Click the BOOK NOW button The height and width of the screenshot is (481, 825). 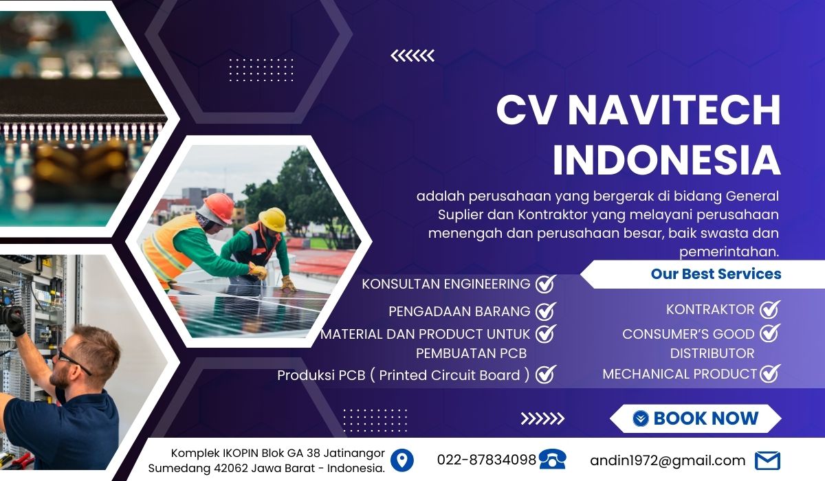[x=696, y=418]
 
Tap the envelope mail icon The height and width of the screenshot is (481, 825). [x=767, y=461]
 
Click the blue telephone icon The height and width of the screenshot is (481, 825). [x=553, y=459]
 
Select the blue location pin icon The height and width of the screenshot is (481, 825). [x=401, y=460]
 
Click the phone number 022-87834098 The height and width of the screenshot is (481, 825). [x=487, y=460]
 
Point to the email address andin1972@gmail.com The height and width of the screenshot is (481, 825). [x=668, y=461]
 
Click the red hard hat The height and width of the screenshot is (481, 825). [x=219, y=208]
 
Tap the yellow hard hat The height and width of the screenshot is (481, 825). [x=273, y=219]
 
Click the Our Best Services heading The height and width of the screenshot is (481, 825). [x=716, y=273]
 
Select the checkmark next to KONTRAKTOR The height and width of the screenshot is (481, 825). [x=770, y=309]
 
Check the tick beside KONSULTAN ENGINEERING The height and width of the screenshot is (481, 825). [x=545, y=284]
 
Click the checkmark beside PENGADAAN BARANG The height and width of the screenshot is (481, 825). [x=545, y=311]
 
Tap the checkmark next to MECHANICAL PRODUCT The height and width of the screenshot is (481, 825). [x=770, y=373]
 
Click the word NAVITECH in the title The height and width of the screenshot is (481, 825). [x=674, y=110]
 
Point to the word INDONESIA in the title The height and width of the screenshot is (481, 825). [x=667, y=160]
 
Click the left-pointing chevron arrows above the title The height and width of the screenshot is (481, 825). [x=412, y=56]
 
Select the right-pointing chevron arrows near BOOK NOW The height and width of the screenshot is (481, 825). [x=542, y=418]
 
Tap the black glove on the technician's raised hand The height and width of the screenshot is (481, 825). [x=14, y=321]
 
